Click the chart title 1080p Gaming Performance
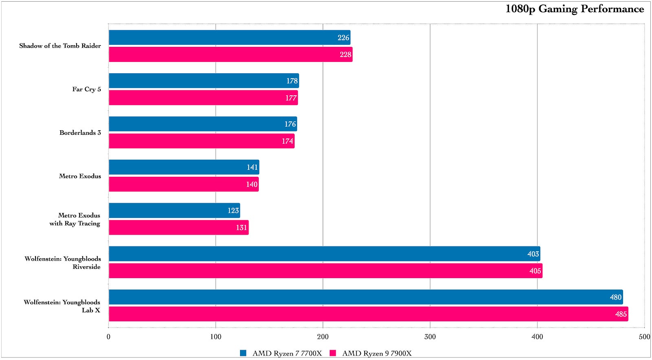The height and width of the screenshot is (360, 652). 575,9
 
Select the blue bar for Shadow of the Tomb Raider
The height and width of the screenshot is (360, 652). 229,37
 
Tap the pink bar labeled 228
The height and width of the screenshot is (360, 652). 230,55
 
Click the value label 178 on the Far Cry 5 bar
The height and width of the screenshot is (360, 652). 292,81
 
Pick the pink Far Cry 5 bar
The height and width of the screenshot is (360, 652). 203,98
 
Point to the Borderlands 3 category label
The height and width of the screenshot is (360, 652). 80,133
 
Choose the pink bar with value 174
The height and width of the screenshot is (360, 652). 201,141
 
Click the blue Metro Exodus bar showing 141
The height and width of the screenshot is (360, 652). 184,167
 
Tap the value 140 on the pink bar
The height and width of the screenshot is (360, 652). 251,184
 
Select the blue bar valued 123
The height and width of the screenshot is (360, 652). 174,211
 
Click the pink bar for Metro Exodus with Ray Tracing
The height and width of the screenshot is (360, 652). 178,228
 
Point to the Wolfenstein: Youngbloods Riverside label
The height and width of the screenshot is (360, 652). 63,263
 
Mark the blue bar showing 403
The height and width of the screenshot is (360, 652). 324,254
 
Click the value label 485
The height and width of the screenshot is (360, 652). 621,314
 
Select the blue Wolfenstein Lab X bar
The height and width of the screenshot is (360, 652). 366,297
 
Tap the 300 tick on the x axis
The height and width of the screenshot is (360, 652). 430,337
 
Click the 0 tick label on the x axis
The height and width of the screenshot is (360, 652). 108,337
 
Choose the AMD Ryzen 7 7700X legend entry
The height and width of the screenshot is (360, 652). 287,353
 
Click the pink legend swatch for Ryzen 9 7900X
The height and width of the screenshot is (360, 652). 333,353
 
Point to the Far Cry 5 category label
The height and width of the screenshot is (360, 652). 86,89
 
